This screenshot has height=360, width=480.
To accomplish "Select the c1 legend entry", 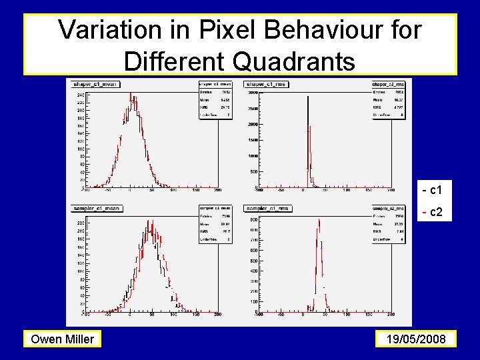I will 437,190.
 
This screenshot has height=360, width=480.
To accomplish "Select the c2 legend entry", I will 437,212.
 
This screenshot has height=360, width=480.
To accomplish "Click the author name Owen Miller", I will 63,339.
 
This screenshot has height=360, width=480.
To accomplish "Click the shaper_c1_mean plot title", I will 93,85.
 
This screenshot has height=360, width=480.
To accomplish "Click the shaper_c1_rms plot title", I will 267,85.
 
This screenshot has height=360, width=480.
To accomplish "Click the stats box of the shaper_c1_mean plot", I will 215,100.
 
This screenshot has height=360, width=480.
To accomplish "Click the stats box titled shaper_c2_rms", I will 389,100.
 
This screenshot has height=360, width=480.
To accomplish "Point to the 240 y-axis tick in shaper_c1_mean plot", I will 80,95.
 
